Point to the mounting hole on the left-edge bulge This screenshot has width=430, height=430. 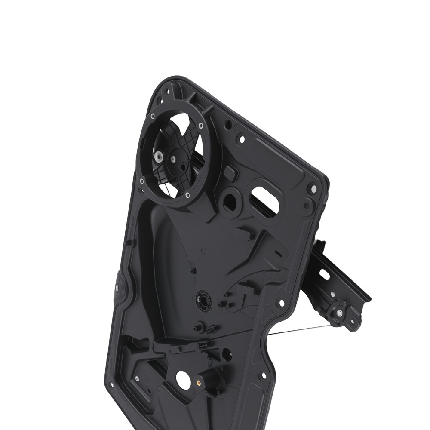(x=117, y=288)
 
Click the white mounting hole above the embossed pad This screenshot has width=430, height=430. (x=242, y=139)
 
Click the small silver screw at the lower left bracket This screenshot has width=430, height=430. (x=137, y=378)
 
